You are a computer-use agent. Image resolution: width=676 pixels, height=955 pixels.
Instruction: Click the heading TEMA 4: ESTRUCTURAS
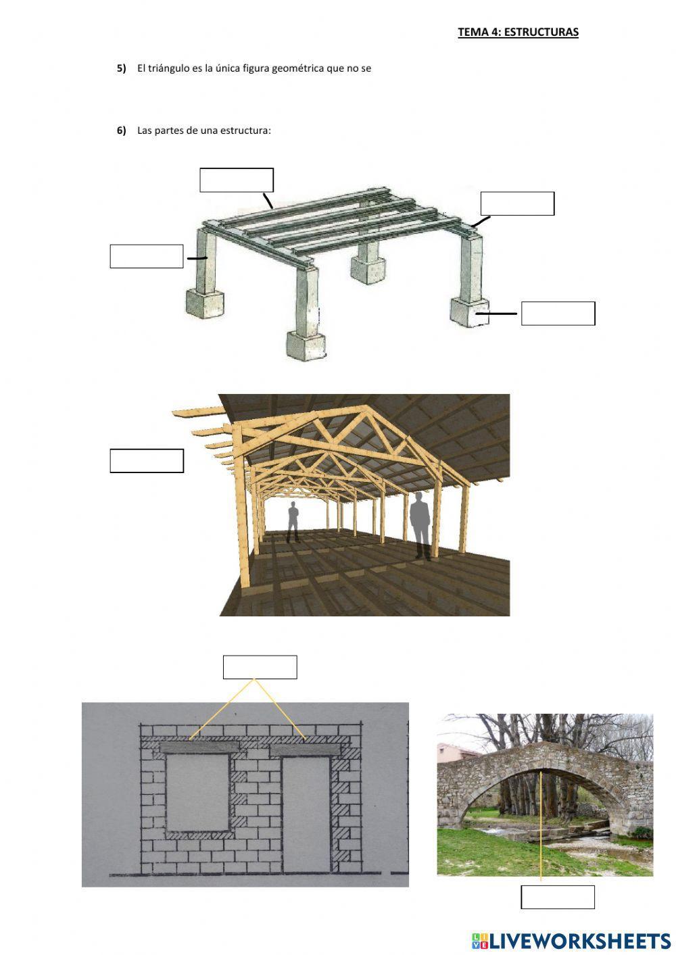point(518,32)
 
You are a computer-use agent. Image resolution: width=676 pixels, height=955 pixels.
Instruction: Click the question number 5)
point(122,68)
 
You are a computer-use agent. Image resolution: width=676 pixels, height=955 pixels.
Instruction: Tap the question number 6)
point(122,130)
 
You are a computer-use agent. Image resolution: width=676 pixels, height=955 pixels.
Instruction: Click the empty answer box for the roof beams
point(237,180)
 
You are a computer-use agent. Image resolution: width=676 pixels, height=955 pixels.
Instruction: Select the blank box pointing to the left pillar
point(147,257)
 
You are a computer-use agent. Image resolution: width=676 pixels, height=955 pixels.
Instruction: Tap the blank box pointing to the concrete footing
point(558,314)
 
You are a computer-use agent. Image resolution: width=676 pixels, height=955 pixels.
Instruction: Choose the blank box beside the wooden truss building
point(147,461)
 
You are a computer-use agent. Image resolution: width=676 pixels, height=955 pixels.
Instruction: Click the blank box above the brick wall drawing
point(260,667)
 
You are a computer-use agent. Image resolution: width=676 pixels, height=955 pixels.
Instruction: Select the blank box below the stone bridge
point(558,897)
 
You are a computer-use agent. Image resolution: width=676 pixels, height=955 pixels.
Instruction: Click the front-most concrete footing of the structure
point(306,345)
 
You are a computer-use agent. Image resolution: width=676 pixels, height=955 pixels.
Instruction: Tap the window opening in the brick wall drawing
point(197,792)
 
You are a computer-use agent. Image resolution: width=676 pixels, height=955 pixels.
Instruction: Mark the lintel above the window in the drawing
point(200,748)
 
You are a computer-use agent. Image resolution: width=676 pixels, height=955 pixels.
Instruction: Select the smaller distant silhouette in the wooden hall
point(293,521)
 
